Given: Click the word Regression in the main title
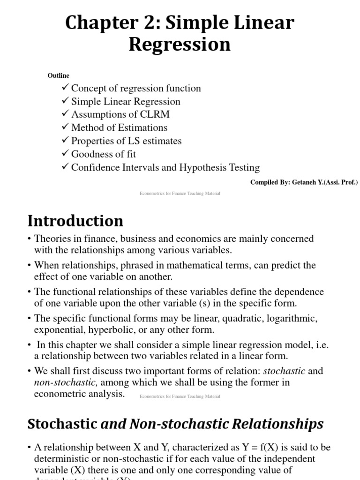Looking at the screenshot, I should pos(180,45).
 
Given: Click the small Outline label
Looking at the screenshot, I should pos(58,75).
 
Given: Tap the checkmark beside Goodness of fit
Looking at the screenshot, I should pos(65,154).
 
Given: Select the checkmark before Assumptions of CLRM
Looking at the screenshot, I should pos(65,114).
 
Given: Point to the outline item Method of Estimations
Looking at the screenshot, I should pos(119,127).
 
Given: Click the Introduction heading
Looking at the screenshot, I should pos(75,220).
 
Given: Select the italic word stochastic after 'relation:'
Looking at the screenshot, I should pos(284,371).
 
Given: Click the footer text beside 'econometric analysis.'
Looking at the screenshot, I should pos(180,397).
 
